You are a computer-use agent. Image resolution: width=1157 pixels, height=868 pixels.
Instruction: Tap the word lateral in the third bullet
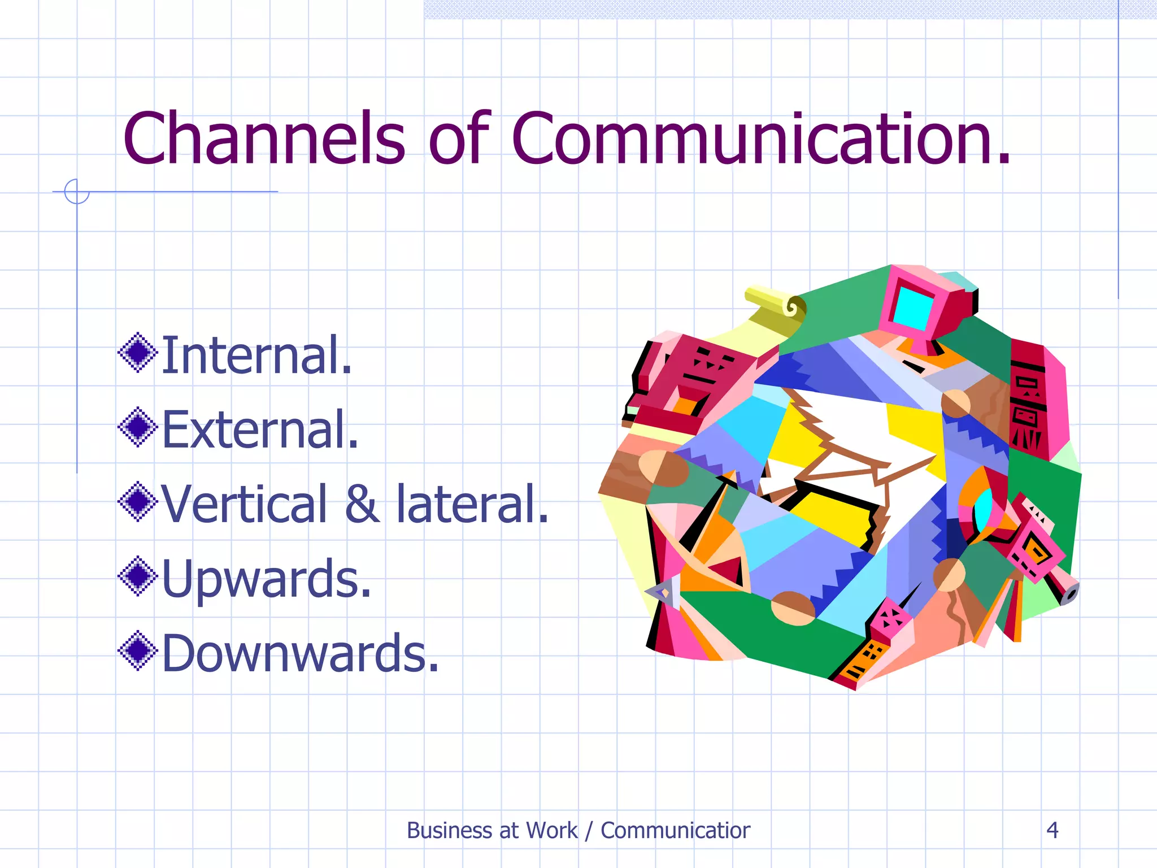472,504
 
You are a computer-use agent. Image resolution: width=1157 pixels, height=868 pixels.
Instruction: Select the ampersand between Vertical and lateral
362,504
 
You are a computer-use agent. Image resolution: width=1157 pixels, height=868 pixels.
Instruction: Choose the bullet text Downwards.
300,653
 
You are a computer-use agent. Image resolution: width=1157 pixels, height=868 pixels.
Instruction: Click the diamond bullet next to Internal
137,353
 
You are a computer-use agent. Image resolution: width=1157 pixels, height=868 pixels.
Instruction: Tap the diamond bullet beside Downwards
137,651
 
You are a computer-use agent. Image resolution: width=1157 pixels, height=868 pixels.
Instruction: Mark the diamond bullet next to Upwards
137,576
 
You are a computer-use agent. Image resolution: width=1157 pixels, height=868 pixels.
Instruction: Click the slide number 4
1052,830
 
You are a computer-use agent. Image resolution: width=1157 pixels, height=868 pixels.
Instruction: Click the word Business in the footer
450,831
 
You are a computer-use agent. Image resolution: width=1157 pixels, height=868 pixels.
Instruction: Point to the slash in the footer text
589,831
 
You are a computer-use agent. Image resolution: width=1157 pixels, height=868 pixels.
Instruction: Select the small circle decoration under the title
77,191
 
